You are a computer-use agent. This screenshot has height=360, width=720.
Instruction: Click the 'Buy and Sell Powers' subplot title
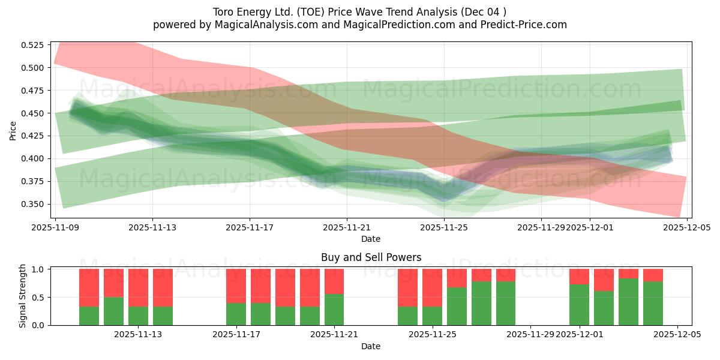(371, 257)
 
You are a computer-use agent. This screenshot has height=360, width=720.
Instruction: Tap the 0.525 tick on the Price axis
(32, 45)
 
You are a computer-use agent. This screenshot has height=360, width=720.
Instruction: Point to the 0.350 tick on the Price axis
(32, 204)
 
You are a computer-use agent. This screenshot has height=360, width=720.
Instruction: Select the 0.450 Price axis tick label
(32, 113)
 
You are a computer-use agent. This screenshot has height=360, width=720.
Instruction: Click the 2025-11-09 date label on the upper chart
(55, 227)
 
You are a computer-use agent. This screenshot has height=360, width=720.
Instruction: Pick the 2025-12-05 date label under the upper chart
(686, 227)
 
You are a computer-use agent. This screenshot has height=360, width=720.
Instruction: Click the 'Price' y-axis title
(13, 130)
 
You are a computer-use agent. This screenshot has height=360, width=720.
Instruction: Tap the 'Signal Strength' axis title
(22, 296)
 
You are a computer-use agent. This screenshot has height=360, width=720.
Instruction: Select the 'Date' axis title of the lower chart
(371, 346)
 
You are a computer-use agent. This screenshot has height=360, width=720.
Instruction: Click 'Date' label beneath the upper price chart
(371, 239)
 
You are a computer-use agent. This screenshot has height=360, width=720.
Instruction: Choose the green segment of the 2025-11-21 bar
(334, 310)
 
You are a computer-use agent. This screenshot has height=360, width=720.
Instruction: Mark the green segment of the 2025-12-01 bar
(579, 305)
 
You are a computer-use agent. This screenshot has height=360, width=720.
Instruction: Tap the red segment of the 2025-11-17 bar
(236, 286)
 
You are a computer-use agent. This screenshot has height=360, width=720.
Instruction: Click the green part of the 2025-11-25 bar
(432, 316)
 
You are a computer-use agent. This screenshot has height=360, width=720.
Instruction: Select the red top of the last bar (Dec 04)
(653, 275)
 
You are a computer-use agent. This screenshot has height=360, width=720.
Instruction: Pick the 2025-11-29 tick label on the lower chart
(530, 335)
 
